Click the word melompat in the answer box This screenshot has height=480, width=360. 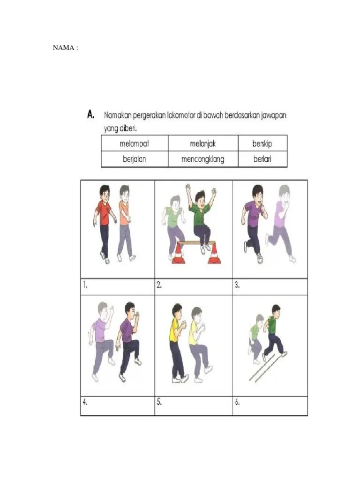[135, 143]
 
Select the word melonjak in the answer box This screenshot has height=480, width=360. [202, 143]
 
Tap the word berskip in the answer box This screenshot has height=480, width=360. [262, 143]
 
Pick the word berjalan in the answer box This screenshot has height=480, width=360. [135, 159]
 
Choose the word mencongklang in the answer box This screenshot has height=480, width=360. [202, 159]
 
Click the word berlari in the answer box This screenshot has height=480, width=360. [262, 159]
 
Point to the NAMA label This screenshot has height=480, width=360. [65, 48]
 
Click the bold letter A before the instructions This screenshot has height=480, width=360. [90, 114]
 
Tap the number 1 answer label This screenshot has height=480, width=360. [85, 285]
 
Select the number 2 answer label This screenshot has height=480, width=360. [159, 285]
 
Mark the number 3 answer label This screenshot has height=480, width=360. [237, 285]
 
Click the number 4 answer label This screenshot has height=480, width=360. [85, 402]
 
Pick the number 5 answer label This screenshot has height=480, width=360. [159, 402]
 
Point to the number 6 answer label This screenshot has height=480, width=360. [237, 402]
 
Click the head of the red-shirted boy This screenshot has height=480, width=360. [105, 193]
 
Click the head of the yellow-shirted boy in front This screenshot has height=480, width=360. [177, 311]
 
